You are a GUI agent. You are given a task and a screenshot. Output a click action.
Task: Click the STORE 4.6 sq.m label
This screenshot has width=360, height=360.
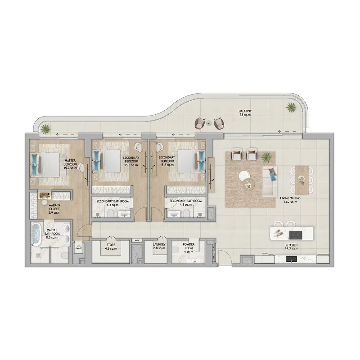tap(111, 247)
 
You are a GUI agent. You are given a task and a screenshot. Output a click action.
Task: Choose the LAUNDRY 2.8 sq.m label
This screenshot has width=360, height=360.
tap(159, 247)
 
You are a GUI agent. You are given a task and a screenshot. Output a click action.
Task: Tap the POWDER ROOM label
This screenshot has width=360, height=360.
tap(188, 248)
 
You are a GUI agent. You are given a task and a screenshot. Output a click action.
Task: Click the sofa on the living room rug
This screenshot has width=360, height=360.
tap(271, 181)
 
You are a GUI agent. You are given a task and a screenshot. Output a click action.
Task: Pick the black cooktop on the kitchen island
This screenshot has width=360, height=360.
tap(296, 234)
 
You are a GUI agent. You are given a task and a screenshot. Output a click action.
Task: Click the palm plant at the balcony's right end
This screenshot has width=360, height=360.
tap(291, 108)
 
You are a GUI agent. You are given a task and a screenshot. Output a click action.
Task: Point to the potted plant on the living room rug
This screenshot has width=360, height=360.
tap(267, 157)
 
